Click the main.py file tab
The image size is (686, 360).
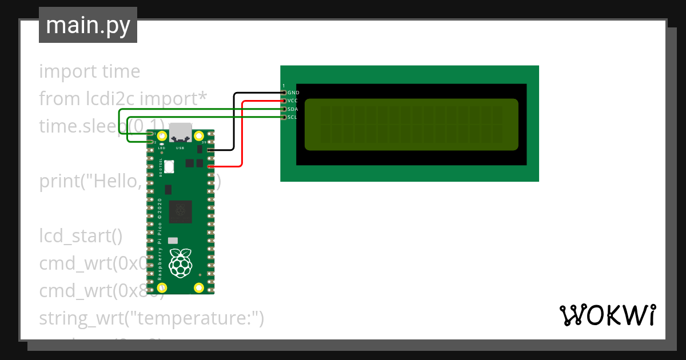click(x=87, y=25)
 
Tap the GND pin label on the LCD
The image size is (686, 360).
click(x=293, y=92)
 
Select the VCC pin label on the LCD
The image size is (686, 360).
click(x=293, y=101)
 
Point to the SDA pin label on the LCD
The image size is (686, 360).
click(x=293, y=109)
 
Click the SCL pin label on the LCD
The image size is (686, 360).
click(x=293, y=117)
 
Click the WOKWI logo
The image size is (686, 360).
click(x=607, y=315)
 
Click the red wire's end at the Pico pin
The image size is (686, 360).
click(x=211, y=166)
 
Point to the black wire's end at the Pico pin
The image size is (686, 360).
click(x=211, y=150)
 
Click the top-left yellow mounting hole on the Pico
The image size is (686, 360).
click(x=162, y=136)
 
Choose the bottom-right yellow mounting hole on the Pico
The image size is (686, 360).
click(x=199, y=287)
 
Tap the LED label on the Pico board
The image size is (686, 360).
click(x=162, y=148)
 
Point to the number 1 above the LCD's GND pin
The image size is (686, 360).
click(x=284, y=86)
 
